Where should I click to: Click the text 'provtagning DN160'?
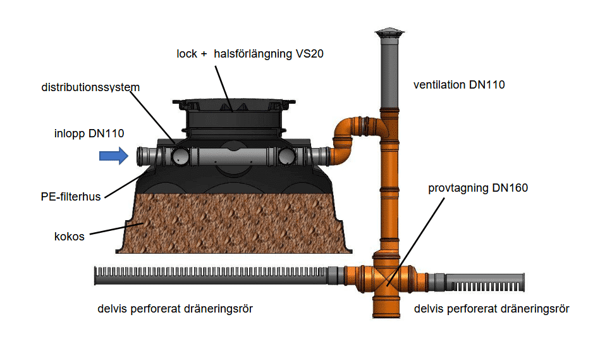(478, 188)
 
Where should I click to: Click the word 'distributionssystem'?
(90, 87)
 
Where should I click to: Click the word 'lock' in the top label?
(187, 54)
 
